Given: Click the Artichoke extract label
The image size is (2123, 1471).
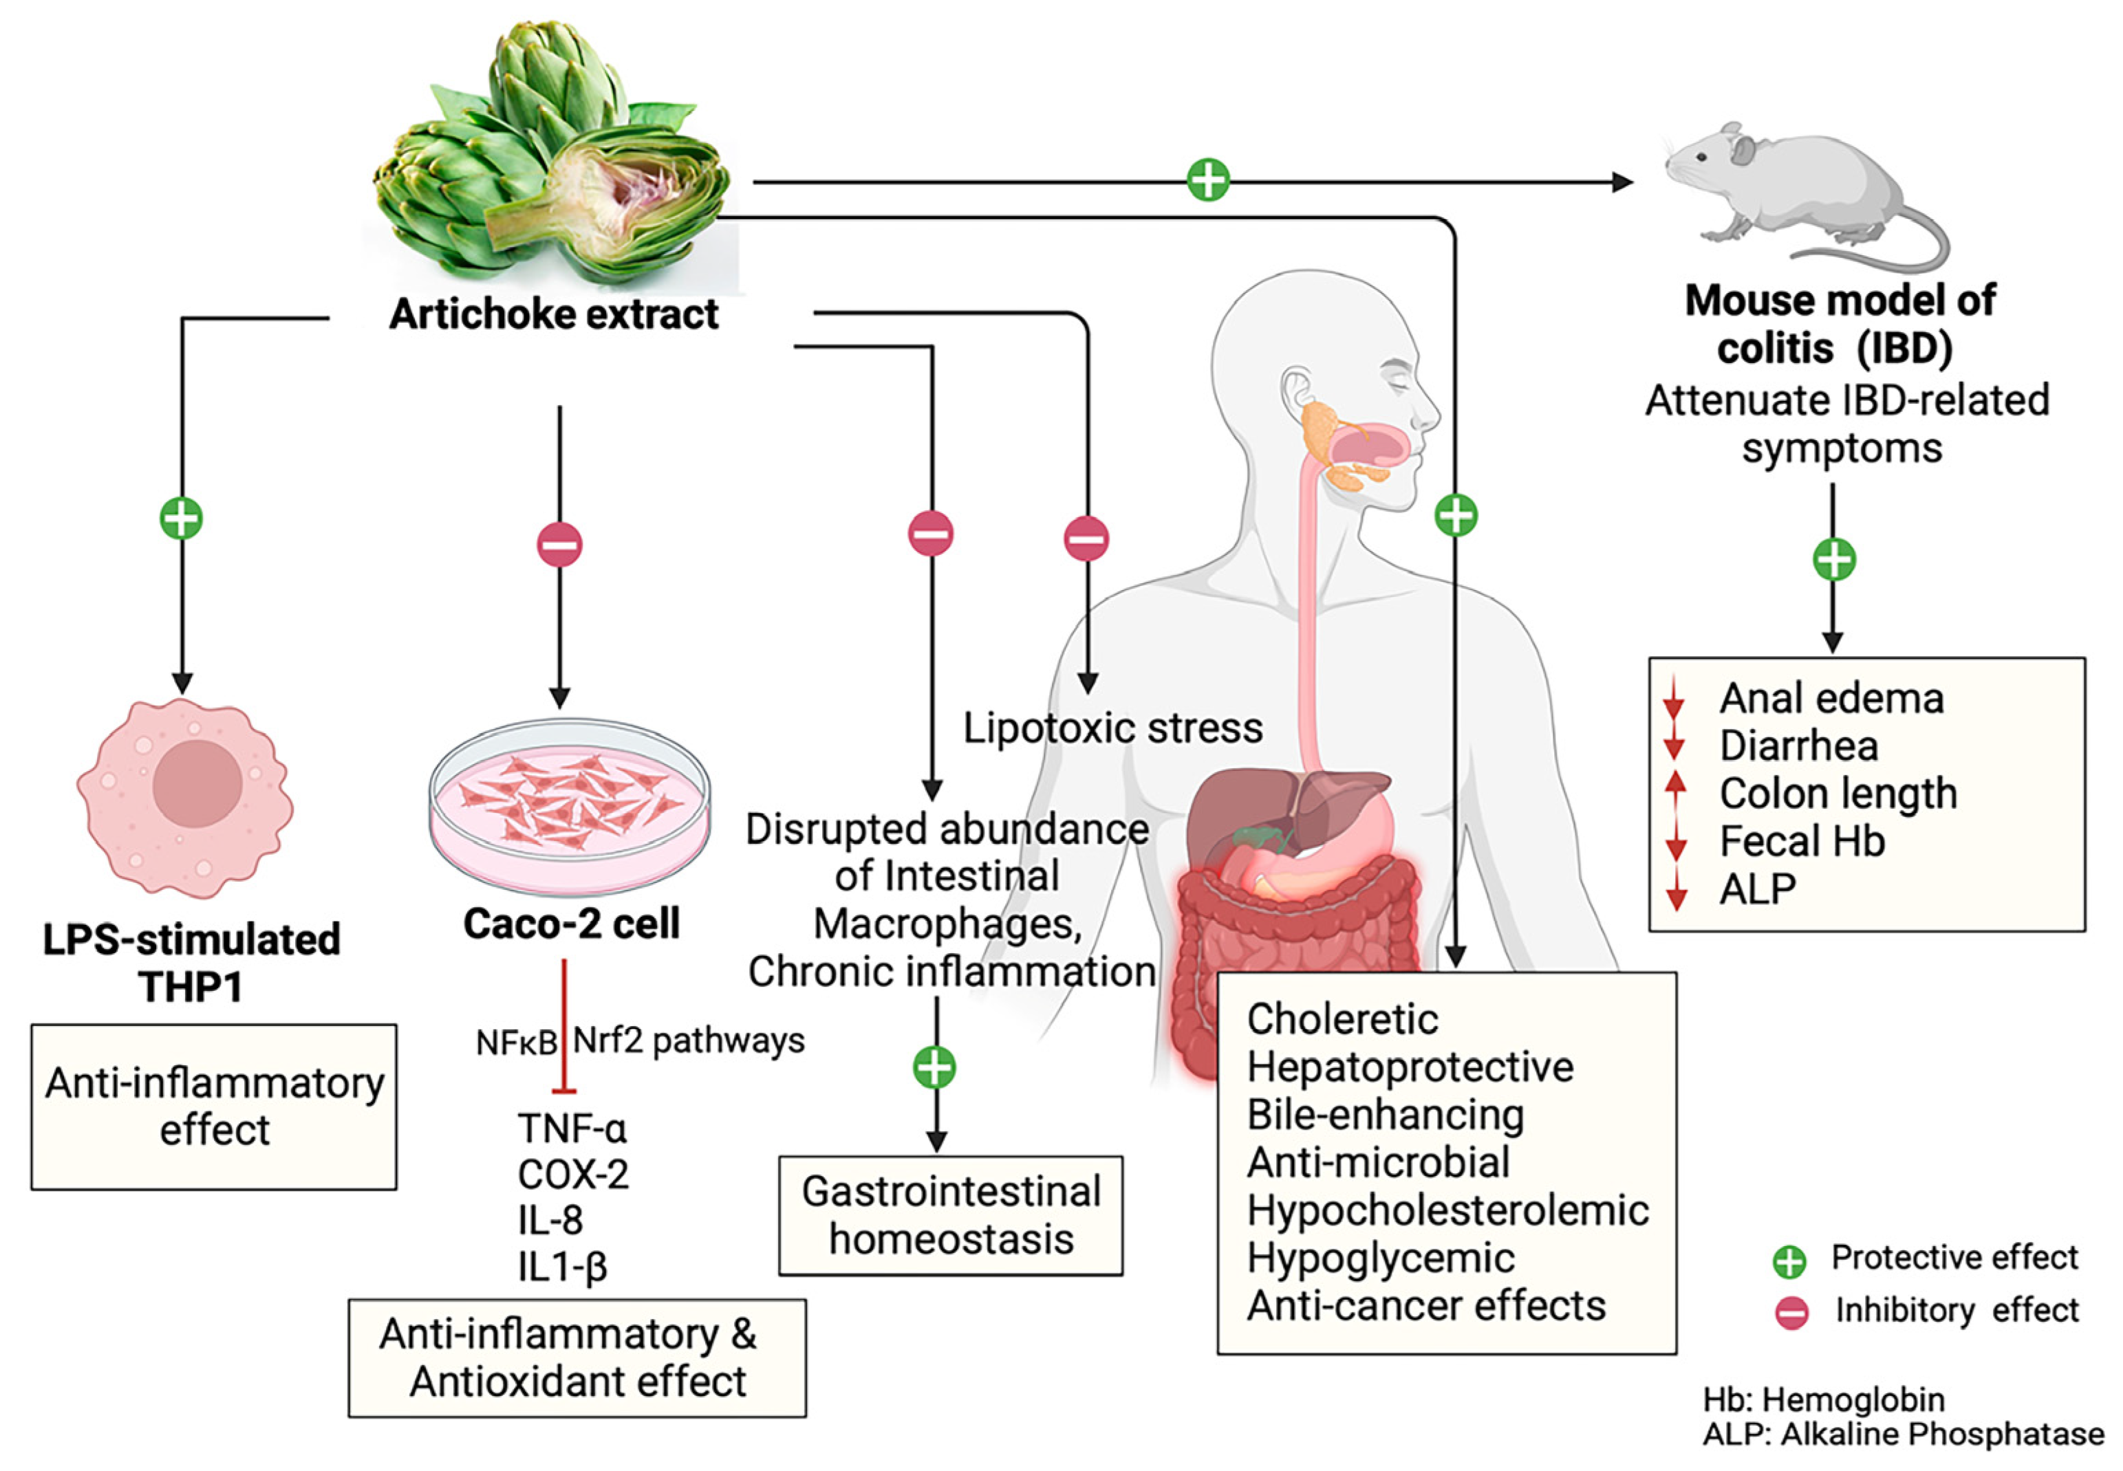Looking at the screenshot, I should tap(553, 314).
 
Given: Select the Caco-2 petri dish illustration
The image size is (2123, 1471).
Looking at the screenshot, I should tap(570, 807).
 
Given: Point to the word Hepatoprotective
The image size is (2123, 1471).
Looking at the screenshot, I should tap(1410, 1067).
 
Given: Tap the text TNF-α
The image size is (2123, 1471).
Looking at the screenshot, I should tap(572, 1127).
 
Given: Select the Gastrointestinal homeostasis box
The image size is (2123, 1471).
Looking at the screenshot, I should tap(951, 1214).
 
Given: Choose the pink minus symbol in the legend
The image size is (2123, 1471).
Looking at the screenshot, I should tap(1791, 1312).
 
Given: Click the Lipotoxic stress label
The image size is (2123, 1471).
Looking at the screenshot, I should tap(1112, 729).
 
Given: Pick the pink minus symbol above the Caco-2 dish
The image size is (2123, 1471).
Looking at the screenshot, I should tap(559, 545).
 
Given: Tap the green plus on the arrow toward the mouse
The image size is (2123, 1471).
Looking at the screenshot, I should tap(1207, 179).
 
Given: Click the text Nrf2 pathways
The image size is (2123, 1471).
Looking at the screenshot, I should tap(689, 1040).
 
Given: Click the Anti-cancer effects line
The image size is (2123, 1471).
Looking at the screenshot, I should tap(1425, 1306).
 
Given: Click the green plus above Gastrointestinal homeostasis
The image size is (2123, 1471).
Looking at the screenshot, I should tap(935, 1067).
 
